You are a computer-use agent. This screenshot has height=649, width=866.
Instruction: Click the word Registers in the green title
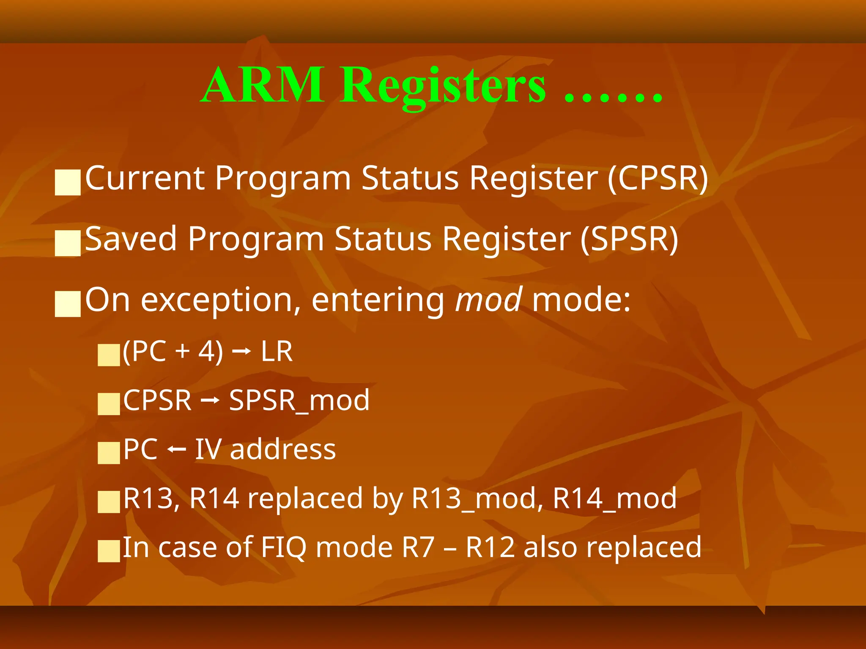[443, 87]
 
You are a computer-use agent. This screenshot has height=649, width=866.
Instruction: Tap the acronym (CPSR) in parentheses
[658, 178]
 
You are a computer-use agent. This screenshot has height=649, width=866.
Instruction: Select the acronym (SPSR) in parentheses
[629, 239]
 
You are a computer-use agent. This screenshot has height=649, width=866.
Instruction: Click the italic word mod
[488, 300]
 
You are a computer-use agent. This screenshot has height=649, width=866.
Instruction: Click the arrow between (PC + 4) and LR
[242, 352]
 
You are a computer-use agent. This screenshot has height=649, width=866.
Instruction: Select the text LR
[277, 352]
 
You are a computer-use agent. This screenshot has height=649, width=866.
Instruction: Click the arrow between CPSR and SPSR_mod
[210, 400]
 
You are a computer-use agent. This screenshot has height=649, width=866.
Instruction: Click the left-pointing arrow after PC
[176, 450]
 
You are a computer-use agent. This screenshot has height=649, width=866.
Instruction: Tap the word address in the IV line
[283, 449]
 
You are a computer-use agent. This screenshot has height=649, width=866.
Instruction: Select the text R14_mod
[615, 499]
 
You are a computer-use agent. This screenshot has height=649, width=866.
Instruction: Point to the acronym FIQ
[284, 548]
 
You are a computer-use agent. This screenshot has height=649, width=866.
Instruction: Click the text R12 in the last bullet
[491, 548]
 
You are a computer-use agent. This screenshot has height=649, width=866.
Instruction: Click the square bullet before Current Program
[68, 183]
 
